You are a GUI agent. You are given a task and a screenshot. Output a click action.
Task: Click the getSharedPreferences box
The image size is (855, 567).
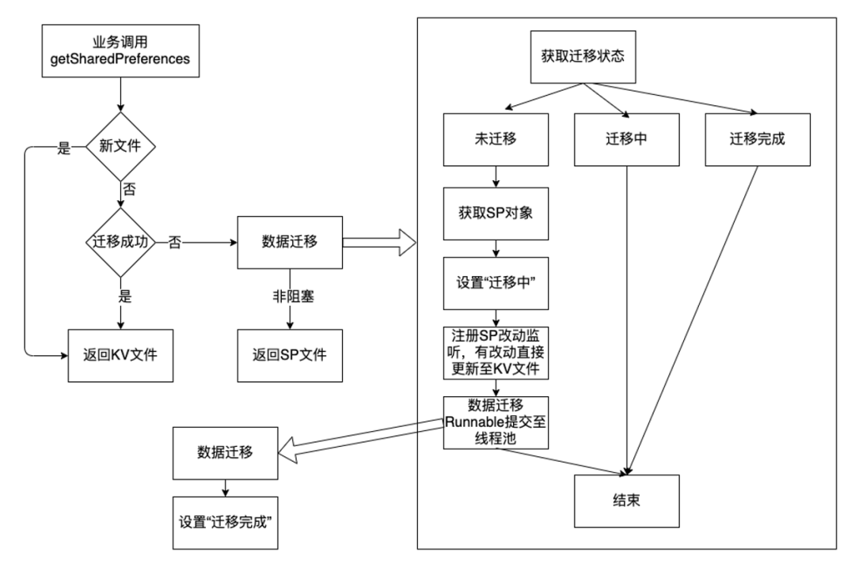120,51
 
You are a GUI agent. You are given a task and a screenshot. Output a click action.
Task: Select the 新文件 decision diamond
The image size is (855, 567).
120,146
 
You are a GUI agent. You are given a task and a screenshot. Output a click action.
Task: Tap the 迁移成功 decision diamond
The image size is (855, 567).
120,242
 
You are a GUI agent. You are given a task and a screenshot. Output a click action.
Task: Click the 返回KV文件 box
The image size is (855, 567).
120,356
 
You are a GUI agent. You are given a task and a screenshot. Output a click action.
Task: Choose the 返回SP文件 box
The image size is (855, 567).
290,356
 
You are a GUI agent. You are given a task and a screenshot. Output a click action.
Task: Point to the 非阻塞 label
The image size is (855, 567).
294,297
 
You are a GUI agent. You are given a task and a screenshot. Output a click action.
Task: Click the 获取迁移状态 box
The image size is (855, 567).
583,57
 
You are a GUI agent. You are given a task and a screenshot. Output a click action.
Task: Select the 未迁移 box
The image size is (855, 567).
496,139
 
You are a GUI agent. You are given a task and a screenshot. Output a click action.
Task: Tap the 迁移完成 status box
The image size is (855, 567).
758,139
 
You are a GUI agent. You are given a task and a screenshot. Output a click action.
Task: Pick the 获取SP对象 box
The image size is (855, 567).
496,214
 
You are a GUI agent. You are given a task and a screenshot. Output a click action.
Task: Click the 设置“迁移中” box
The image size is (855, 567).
496,283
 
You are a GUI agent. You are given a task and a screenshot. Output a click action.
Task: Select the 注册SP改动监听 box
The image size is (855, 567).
496,353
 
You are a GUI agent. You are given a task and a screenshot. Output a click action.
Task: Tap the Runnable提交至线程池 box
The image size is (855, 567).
496,422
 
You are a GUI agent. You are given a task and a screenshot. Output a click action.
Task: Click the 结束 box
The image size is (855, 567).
626,501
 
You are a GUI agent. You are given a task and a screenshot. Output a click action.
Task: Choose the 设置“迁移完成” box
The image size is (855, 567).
225,523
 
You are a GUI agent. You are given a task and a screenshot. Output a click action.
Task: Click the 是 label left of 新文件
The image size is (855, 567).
64,148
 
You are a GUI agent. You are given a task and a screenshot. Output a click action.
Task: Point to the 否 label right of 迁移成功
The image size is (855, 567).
174,242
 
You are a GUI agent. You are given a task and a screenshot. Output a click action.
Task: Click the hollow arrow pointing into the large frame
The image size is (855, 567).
379,242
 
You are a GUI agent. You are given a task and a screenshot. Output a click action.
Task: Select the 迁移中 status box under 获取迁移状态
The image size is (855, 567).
626,139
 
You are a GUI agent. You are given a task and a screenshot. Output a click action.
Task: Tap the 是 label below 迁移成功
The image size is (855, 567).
125,297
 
